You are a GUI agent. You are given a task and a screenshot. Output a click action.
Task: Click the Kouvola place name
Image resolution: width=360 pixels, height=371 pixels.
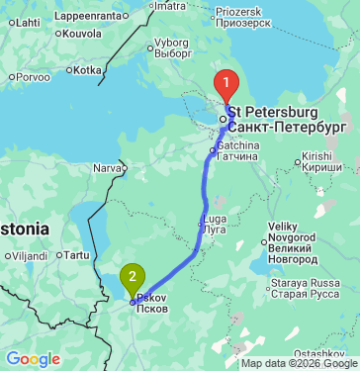click(x=81, y=33)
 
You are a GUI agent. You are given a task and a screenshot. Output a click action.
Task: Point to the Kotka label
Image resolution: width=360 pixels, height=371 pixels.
click(x=87, y=70)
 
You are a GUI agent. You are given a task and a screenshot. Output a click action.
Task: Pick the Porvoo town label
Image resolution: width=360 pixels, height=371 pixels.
click(x=33, y=76)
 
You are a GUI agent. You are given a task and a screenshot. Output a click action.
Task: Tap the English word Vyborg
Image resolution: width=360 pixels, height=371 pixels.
click(x=171, y=43)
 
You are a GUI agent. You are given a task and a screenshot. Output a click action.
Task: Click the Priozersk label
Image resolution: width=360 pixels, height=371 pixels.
click(x=239, y=9)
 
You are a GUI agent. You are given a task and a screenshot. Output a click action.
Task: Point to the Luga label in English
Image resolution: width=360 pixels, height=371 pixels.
click(x=215, y=218)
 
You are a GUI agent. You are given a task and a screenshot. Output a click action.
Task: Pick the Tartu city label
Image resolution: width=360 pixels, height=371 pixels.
click(x=76, y=255)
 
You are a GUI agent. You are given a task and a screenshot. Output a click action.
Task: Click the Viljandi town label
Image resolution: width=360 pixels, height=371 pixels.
click(x=31, y=255)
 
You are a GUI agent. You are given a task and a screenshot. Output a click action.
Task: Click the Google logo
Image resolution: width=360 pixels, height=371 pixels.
click(x=33, y=358)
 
